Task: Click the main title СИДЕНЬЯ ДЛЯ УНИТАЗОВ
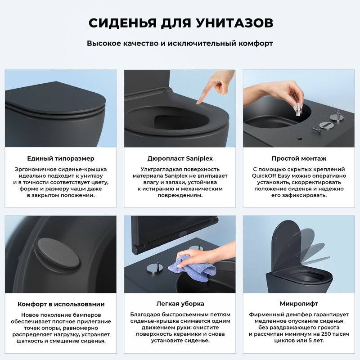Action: click(180, 23)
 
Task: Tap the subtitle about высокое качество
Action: click(180, 44)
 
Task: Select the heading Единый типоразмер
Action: click(61, 158)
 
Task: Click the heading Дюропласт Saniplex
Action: click(180, 158)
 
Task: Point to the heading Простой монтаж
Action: click(299, 158)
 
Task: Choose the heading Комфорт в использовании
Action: click(61, 304)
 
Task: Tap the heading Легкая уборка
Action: click(180, 304)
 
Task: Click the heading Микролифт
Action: click(299, 304)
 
